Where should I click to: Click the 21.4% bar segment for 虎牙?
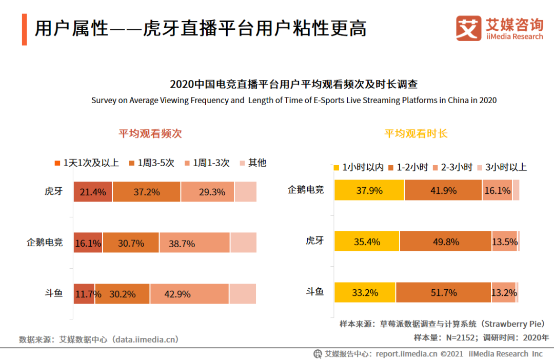tap(93, 192)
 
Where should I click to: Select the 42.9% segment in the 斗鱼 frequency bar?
tap(189, 294)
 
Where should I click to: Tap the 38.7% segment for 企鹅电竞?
tap(194, 243)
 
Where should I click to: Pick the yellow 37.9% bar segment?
tap(369, 190)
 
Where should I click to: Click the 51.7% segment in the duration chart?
tap(443, 292)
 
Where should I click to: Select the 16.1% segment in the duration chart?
tap(497, 190)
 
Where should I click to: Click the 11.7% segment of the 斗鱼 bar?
tap(84, 294)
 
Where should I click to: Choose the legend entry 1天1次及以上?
tap(86, 163)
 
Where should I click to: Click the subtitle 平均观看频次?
tap(150, 134)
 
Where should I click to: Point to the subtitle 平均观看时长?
tap(416, 134)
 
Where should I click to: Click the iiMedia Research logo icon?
tap(468, 28)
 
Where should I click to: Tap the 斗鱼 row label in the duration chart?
tap(314, 292)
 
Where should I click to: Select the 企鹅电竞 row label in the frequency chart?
tap(45, 243)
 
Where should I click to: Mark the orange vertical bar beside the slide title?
tap(24, 29)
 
